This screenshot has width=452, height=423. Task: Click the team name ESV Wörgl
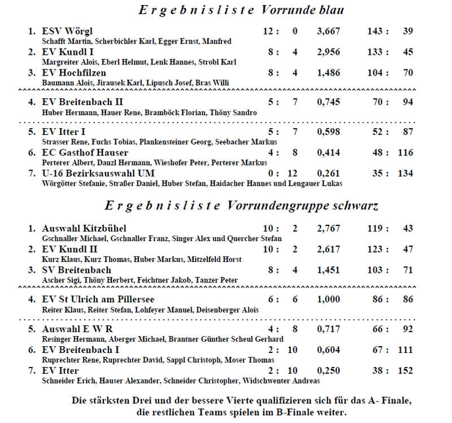[x=67, y=31]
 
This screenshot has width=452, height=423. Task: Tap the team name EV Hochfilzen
[x=74, y=73]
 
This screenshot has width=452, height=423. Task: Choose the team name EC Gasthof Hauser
[x=85, y=152]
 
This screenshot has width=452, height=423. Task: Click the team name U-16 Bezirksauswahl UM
[x=98, y=173]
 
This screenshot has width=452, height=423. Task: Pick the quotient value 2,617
[x=329, y=249]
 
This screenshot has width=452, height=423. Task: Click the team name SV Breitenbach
[x=77, y=270]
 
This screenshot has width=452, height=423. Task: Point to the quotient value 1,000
[x=329, y=299]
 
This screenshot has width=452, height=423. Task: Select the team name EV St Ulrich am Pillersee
[x=98, y=299]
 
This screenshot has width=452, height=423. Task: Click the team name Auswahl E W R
[x=77, y=329]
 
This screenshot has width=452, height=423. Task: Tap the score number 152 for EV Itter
[x=405, y=370]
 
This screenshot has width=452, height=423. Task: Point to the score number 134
[x=405, y=173]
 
